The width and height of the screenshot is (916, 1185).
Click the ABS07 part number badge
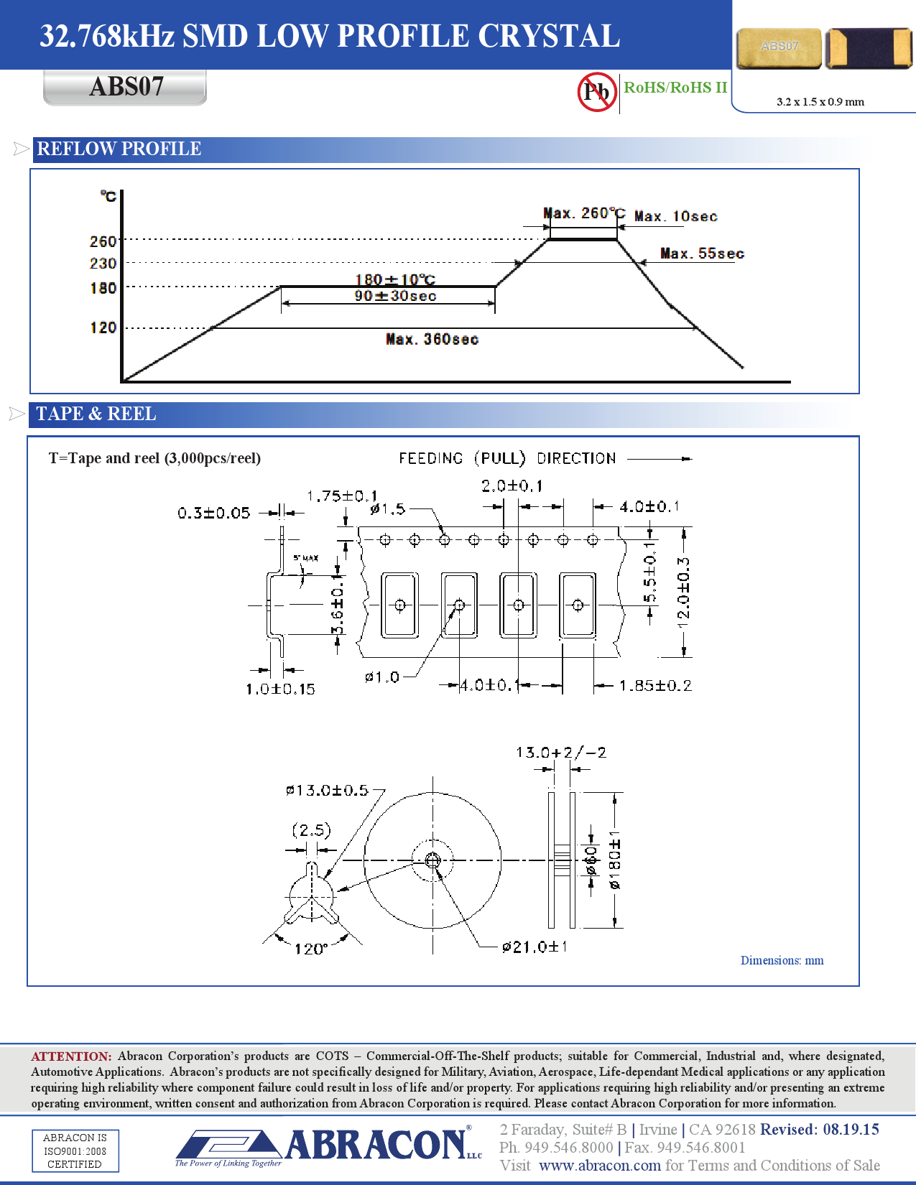tap(126, 87)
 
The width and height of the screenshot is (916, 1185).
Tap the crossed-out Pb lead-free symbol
tap(596, 92)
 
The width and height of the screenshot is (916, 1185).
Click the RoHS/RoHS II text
tap(675, 88)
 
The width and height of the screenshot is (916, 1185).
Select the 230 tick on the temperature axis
tap(103, 264)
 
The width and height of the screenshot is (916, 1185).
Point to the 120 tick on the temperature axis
tap(103, 327)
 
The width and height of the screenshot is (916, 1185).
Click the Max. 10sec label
tap(675, 216)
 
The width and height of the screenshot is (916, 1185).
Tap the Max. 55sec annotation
tap(702, 254)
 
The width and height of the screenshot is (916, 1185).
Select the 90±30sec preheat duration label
tap(395, 296)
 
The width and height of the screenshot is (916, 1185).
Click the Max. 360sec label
tap(432, 339)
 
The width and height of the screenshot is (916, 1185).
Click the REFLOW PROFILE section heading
tap(119, 149)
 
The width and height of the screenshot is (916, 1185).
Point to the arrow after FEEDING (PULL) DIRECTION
tap(660, 458)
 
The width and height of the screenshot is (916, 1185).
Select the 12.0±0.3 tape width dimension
tap(683, 592)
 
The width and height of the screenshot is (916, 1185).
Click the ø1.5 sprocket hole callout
tap(388, 509)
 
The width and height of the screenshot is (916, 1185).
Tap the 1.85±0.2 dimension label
tap(655, 686)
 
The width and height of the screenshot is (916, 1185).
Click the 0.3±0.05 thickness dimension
tap(214, 513)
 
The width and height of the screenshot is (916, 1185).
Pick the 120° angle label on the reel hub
tap(310, 949)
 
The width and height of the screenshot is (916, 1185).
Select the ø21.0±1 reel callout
tap(535, 947)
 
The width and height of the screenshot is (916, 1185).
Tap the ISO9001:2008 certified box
tap(75, 1151)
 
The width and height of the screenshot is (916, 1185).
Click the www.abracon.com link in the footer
tap(599, 1166)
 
